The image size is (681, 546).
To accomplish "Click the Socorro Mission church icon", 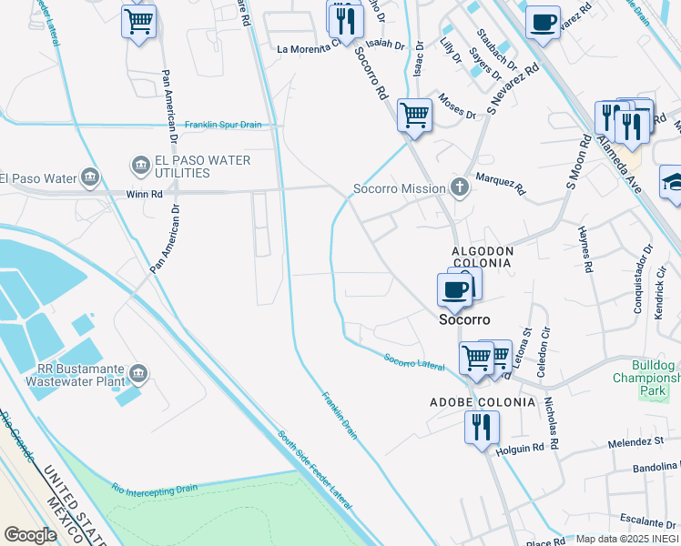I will [x=461, y=188].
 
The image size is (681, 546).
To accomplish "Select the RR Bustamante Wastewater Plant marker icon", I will [x=138, y=372].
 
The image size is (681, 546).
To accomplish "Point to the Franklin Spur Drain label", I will [x=222, y=126].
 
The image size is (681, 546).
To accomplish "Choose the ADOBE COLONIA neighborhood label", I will [x=470, y=401].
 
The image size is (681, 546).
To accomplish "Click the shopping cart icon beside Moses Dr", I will [x=414, y=116].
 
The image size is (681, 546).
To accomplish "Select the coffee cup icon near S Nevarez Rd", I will [x=543, y=22].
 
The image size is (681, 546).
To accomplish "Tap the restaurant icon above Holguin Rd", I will [x=481, y=427].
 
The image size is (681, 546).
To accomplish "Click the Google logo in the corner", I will [x=30, y=535].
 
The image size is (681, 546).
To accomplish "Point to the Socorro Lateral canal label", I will [x=413, y=361].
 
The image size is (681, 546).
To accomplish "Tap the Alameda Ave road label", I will [x=619, y=167].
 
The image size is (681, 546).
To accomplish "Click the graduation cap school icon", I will [x=672, y=181].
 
